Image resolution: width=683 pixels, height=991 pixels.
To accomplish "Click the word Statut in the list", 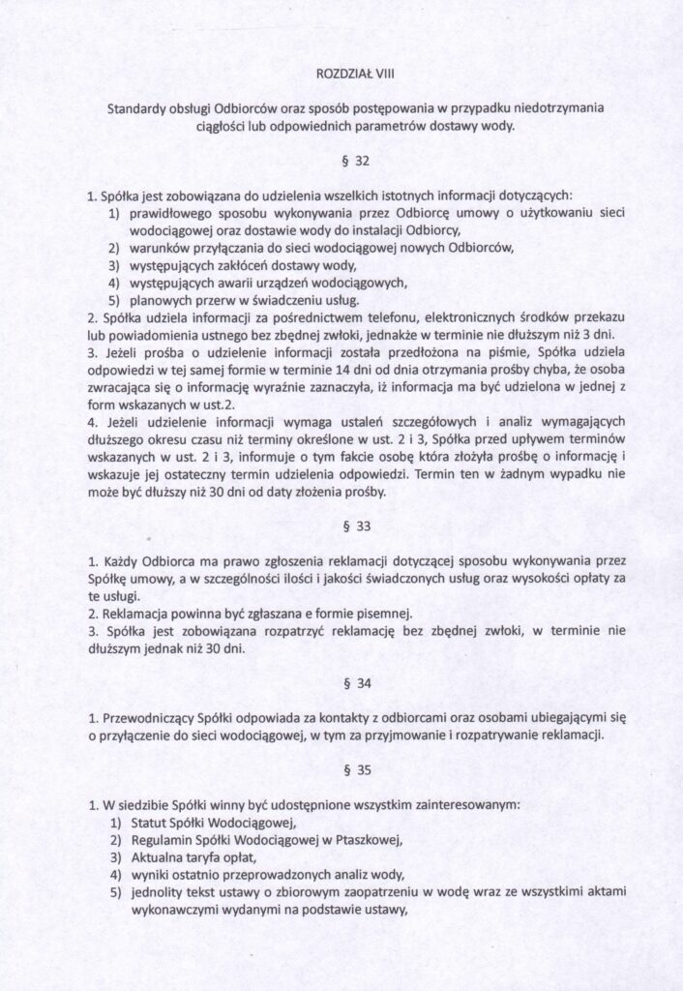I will [x=148, y=822].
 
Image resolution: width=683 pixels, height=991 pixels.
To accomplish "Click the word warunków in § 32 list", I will [x=160, y=247].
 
